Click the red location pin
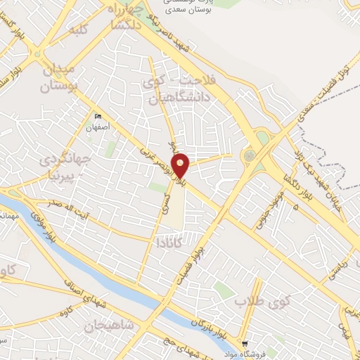pyautogui.click(x=181, y=166)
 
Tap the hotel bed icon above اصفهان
pyautogui.click(x=98, y=116)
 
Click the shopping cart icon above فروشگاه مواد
pyautogui.click(x=245, y=344)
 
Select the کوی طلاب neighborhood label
pyautogui.click(x=253, y=302)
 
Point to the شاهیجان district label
pyautogui.click(x=108, y=326)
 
